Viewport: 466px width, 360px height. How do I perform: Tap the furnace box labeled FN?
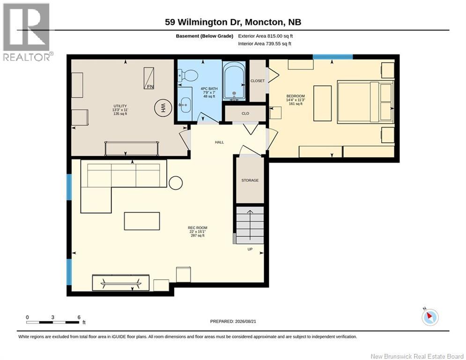[x=149, y=78]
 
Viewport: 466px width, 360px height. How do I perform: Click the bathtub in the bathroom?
[x=234, y=81]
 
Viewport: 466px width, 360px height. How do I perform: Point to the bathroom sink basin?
[x=185, y=105]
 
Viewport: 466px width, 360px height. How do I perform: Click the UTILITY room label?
[x=120, y=106]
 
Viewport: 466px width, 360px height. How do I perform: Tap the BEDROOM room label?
[x=296, y=96]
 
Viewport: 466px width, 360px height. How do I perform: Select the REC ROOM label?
[x=198, y=228]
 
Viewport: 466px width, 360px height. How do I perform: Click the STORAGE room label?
[x=250, y=180]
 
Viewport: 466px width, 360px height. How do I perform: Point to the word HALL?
[x=219, y=142]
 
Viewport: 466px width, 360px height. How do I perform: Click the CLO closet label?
[x=245, y=113]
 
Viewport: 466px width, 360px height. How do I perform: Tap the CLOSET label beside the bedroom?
[x=258, y=81]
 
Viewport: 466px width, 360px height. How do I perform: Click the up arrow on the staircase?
[x=250, y=225]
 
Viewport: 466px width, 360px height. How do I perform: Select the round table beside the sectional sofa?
[x=176, y=183]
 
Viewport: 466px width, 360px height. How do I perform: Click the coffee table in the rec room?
[x=142, y=221]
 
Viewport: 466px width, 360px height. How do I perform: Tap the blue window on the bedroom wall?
[x=333, y=57]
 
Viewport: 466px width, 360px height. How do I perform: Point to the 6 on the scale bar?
[x=79, y=317]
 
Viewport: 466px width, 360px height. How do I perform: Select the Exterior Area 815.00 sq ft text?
[x=266, y=36]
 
